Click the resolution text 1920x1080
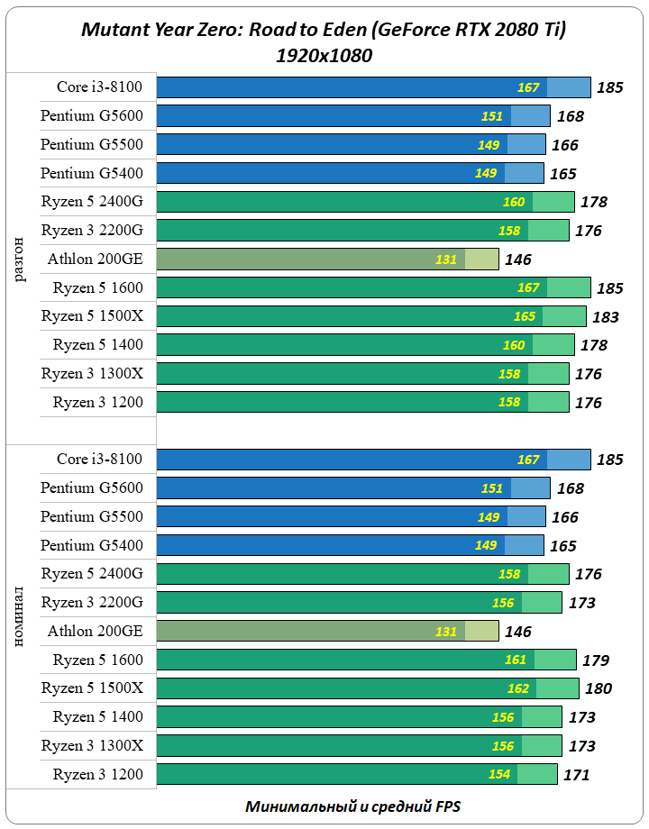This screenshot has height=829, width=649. coord(324,55)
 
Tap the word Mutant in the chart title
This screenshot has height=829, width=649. coord(110,31)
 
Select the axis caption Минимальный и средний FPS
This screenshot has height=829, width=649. coord(352,806)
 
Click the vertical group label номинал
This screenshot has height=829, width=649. coord(21,618)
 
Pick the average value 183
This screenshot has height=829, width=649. coord(606,317)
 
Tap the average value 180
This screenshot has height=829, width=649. coord(599,689)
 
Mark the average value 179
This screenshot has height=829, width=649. coord(596,660)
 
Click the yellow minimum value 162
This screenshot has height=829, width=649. coord(517,689)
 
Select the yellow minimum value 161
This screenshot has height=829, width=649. coord(515,660)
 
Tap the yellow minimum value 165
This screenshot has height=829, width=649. coord(524,317)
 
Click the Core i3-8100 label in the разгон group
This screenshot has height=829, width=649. coord(99,87)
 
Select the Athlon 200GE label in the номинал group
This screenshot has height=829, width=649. coord(95,632)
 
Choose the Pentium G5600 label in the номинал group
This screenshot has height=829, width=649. coord(91,488)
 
